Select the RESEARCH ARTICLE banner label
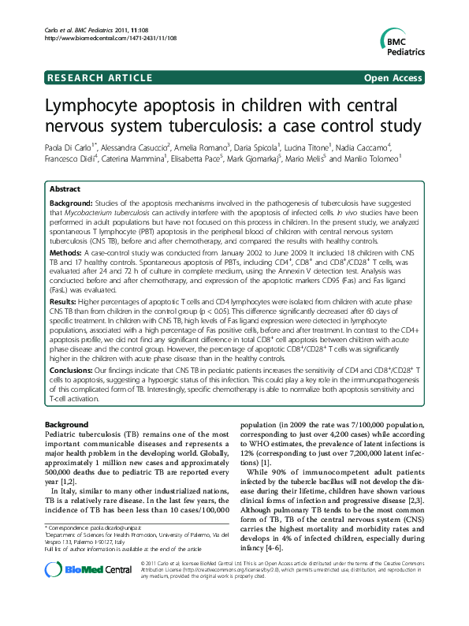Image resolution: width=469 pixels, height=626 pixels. (99, 77)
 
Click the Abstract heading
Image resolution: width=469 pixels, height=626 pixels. (65, 190)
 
